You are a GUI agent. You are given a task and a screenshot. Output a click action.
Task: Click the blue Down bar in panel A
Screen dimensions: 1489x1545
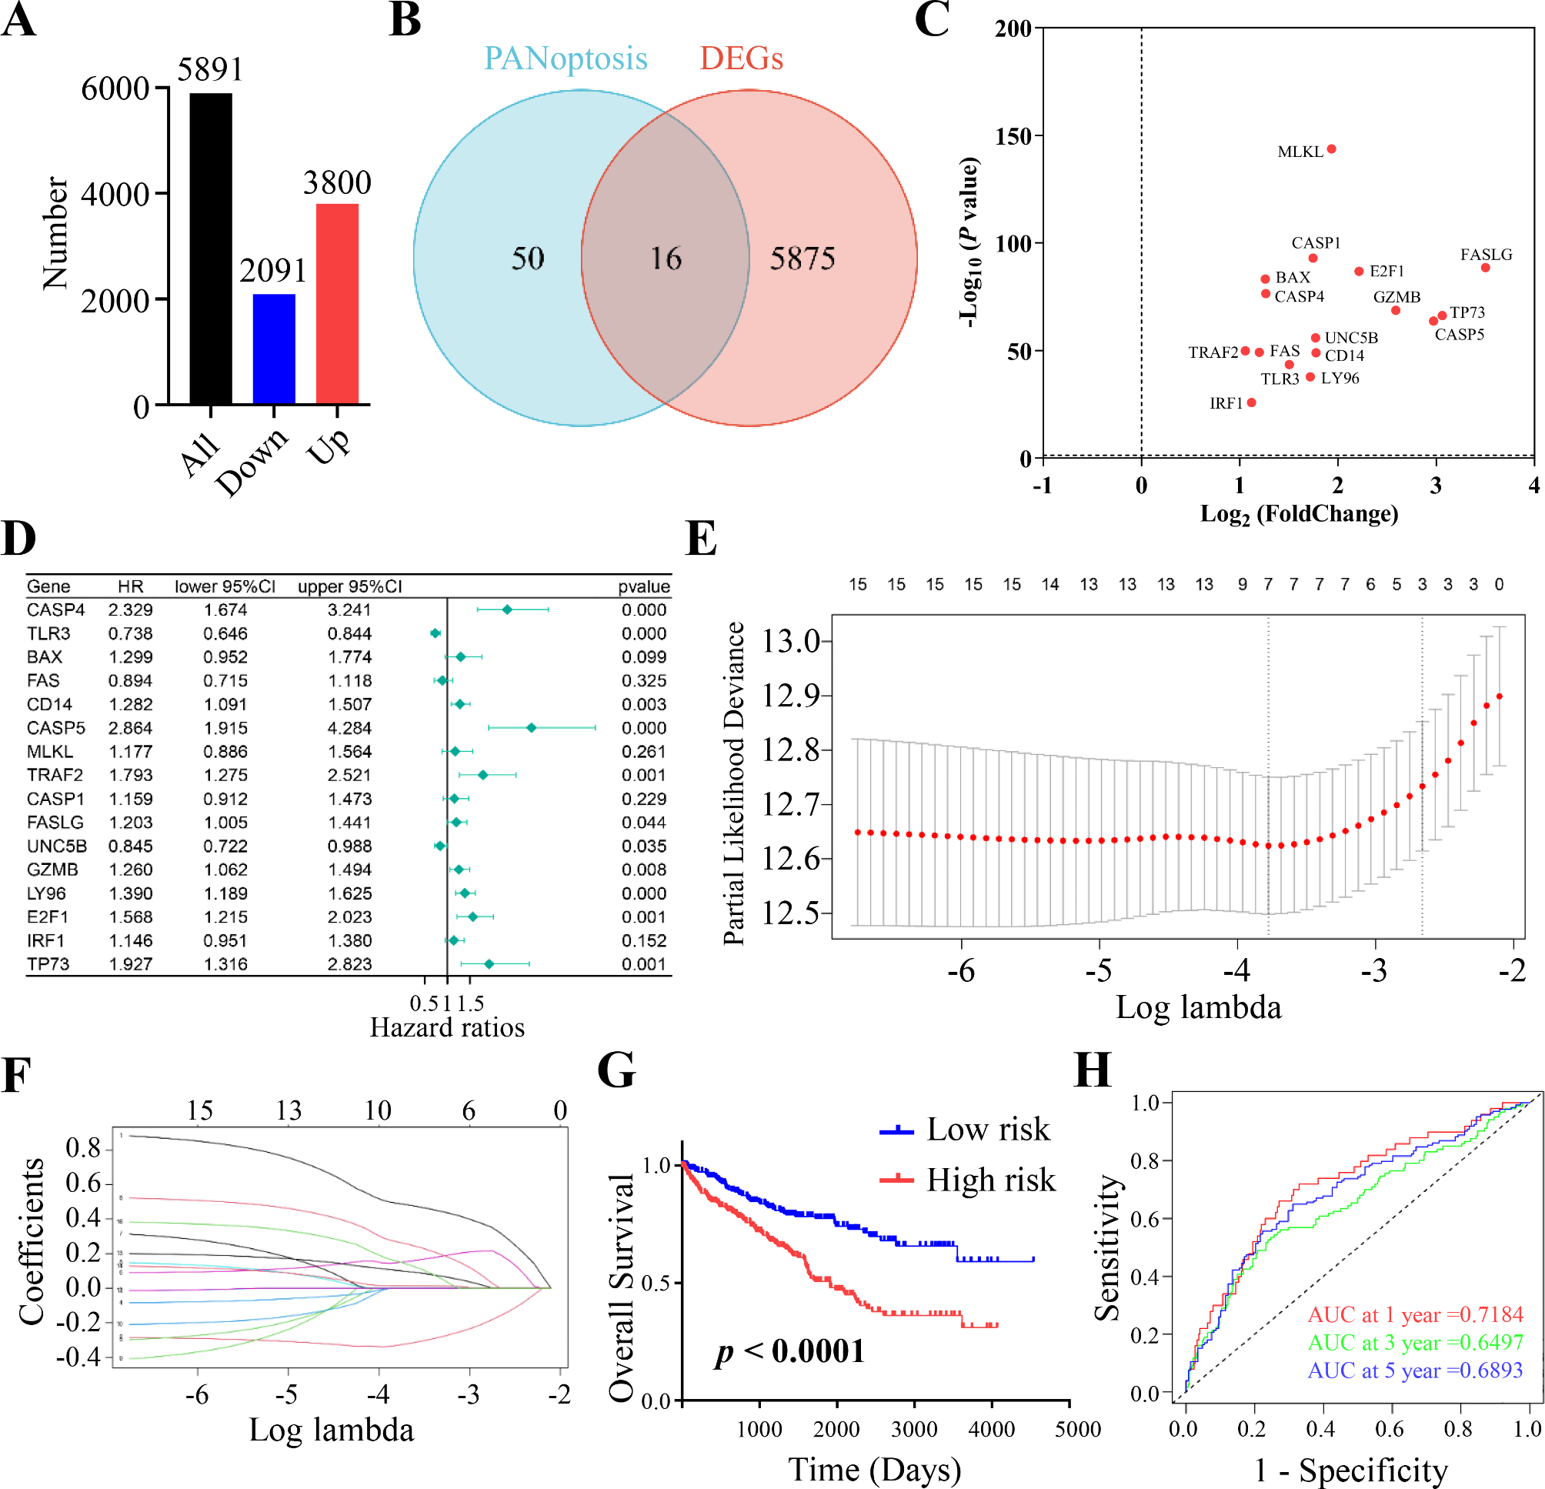pos(273,349)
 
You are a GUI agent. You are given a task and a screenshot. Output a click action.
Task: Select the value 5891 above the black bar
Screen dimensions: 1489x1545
pos(210,69)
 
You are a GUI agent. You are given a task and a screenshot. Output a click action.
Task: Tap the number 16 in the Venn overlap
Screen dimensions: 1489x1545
pos(666,259)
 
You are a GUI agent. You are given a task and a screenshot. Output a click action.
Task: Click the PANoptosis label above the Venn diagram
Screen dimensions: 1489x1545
pos(566,58)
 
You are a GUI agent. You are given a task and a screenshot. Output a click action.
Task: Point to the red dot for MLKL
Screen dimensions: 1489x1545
pos(1331,149)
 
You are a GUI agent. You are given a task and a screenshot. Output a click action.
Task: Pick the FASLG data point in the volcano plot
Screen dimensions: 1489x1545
pos(1485,268)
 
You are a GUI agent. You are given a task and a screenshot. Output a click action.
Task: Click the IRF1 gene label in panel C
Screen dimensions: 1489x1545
pos(1226,403)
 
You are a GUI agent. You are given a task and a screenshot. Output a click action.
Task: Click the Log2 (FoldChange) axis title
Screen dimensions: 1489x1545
pos(1299,514)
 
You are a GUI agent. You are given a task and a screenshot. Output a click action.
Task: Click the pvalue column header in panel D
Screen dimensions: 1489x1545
pos(643,586)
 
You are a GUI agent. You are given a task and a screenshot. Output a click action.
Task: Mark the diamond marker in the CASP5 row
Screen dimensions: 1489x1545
pos(532,727)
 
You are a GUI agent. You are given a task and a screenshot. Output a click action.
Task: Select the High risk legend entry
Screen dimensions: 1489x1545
pos(990,1180)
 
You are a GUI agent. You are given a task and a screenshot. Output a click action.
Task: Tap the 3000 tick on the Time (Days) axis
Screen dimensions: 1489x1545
pos(913,1429)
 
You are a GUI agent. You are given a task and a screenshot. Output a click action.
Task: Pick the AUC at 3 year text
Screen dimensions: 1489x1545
pos(1415,1342)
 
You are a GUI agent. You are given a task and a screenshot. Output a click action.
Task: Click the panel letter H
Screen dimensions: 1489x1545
pos(1093,1071)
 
